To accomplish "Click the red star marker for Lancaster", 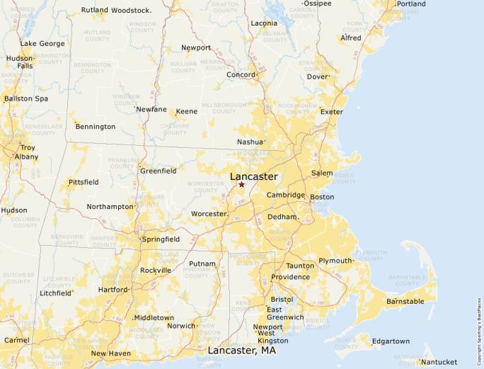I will (241, 184).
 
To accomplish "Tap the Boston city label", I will (322, 197).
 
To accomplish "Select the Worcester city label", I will (209, 213).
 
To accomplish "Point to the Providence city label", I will (290, 277).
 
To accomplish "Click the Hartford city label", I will (113, 290).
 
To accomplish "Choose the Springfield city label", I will (161, 239).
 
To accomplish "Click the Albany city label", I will (27, 157).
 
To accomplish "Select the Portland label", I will (411, 4).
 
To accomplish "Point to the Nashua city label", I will (250, 142).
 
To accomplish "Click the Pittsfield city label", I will (83, 182).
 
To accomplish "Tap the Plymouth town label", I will (335, 261).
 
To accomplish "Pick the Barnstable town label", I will (405, 302).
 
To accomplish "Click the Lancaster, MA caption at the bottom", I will (241, 351).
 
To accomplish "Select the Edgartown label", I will (391, 341).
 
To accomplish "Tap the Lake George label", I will (42, 43).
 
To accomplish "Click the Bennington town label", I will (96, 127).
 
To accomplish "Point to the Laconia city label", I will (264, 23).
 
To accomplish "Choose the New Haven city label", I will (110, 353).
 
